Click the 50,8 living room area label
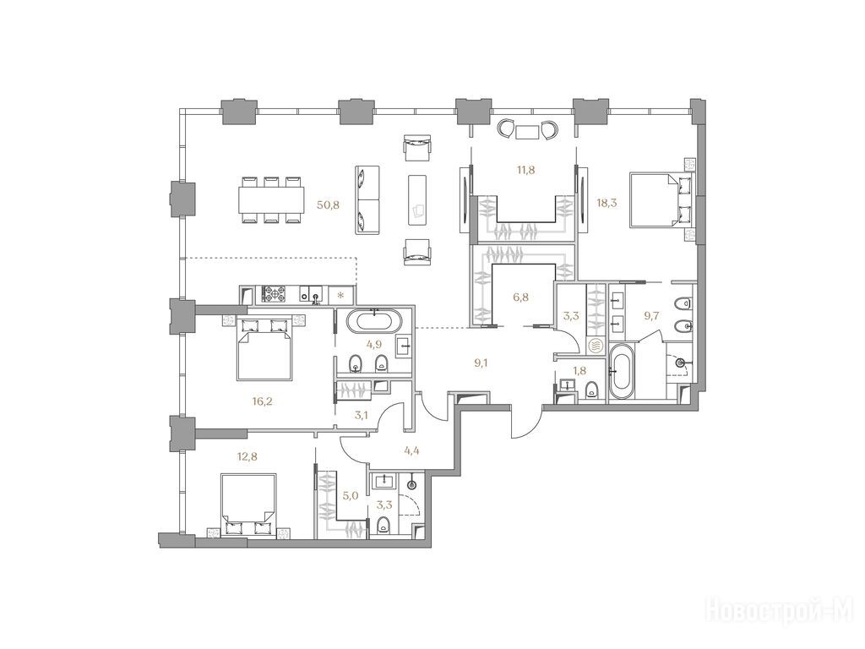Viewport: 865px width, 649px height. tap(328, 205)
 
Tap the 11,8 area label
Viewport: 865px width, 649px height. tap(525, 170)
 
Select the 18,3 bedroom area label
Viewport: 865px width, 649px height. tap(607, 203)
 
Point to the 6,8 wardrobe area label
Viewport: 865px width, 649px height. tap(520, 297)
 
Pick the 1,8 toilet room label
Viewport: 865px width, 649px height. tap(579, 370)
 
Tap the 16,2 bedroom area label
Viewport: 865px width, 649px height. tap(262, 401)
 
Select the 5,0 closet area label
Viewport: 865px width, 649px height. tap(351, 495)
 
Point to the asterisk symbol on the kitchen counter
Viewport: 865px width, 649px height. tap(340, 295)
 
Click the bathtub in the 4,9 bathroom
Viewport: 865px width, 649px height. tap(375, 321)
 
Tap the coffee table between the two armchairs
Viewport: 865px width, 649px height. tap(417, 199)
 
